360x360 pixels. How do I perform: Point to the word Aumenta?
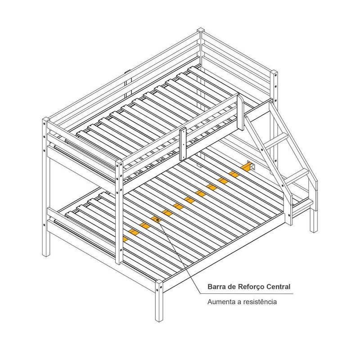click(x=221, y=301)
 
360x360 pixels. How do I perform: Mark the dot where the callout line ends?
click(x=158, y=220)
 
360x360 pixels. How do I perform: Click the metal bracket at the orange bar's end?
click(x=252, y=166)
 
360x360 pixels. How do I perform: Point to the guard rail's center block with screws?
click(x=183, y=144)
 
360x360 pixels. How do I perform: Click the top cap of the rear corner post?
click(x=201, y=30)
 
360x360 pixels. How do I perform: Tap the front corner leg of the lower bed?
click(x=159, y=301)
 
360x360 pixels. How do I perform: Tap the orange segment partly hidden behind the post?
click(x=125, y=239)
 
